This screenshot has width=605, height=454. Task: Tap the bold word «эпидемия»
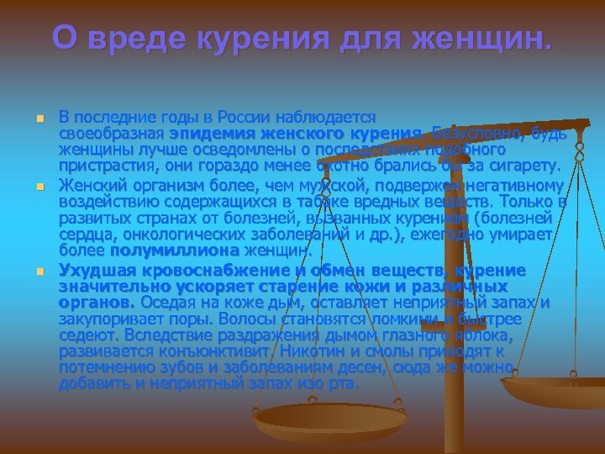[x=205, y=134]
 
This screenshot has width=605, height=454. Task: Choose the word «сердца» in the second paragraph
[x=83, y=235]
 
